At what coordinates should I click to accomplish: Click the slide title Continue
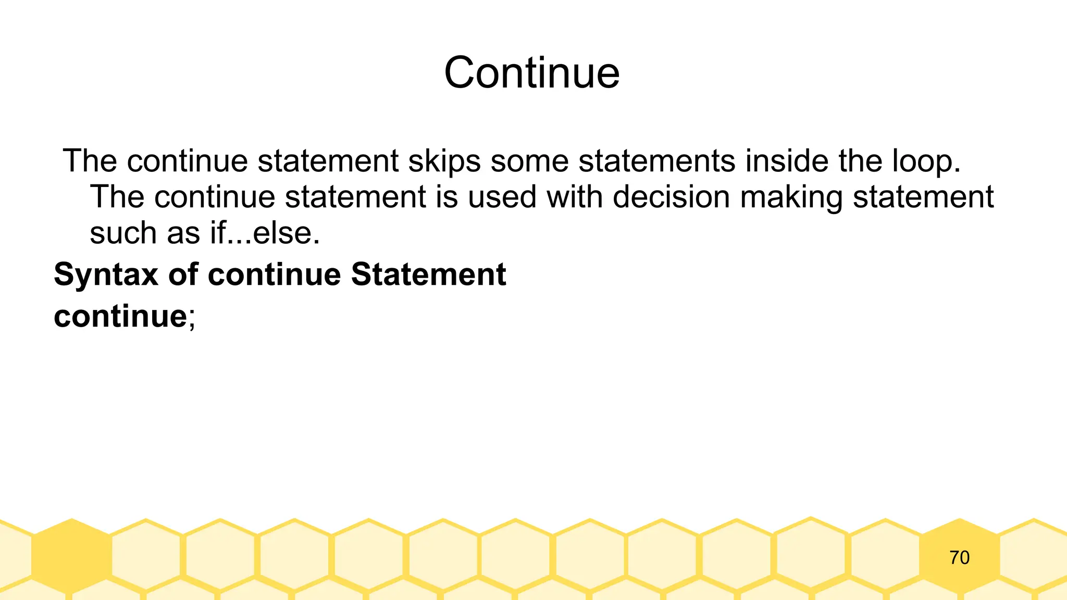tap(532, 73)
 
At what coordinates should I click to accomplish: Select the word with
tap(574, 197)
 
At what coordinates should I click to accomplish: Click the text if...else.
tap(265, 233)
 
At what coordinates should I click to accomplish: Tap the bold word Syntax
tap(106, 275)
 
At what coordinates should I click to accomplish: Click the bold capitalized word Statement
tap(428, 274)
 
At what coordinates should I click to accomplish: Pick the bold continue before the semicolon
tap(120, 316)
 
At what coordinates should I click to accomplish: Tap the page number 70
tap(959, 558)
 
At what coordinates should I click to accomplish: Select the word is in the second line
tap(446, 197)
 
